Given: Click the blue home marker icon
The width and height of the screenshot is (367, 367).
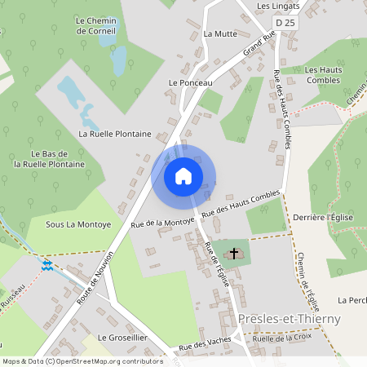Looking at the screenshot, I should coord(183,176).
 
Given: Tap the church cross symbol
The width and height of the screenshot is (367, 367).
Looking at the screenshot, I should coord(234,254).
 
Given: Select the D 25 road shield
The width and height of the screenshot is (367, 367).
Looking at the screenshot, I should coord(285,24).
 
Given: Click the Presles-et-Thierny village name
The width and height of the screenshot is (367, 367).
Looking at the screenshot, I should coord(290,319).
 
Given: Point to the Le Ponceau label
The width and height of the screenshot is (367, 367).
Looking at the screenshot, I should coord(190,83).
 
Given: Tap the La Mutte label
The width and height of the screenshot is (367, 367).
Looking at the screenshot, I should coord(219,34).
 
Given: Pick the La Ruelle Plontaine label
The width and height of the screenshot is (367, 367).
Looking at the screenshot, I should coord(115,133).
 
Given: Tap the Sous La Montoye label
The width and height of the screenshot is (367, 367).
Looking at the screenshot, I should coord(78,224).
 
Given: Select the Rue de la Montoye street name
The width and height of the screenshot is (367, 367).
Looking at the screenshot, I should coord(163,222).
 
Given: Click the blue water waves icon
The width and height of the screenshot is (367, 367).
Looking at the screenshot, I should coord(47,265).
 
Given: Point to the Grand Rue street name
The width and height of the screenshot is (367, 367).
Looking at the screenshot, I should coord(259,46).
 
